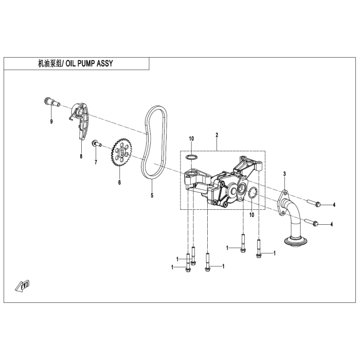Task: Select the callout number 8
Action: click(81, 156)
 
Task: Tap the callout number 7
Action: click(95, 163)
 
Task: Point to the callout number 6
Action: click(119, 182)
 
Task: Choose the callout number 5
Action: click(152, 195)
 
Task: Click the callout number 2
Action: click(217, 135)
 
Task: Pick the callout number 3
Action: click(284, 175)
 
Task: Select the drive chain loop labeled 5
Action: click(156, 144)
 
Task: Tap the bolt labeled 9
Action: click(50, 102)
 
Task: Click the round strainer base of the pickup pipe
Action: click(295, 240)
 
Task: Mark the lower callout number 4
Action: click(332, 224)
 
